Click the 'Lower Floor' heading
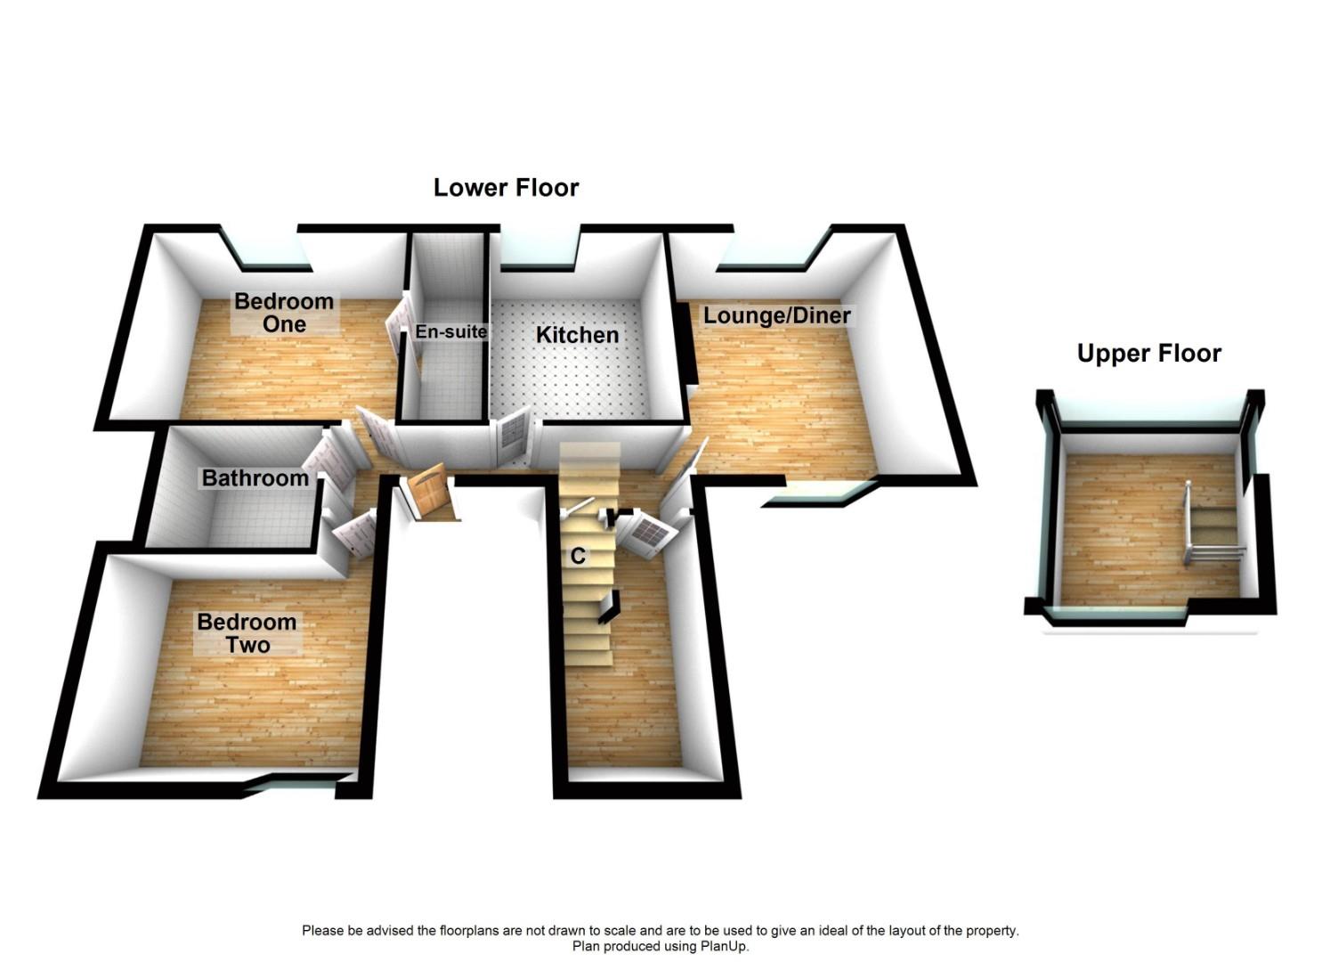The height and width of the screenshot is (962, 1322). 506,188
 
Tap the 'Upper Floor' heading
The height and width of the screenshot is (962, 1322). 1148,354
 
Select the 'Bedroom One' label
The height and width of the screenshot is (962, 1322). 284,313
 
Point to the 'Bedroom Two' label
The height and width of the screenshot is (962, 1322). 247,633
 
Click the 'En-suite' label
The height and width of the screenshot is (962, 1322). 451,331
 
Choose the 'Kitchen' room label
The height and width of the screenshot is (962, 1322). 577,335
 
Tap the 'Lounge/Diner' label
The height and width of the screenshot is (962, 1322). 776,315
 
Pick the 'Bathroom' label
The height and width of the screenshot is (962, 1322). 255,478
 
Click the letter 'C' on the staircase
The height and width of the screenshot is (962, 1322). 578,557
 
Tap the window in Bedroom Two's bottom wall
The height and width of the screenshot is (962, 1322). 298,783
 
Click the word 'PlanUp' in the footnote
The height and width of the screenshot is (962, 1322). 720,946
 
